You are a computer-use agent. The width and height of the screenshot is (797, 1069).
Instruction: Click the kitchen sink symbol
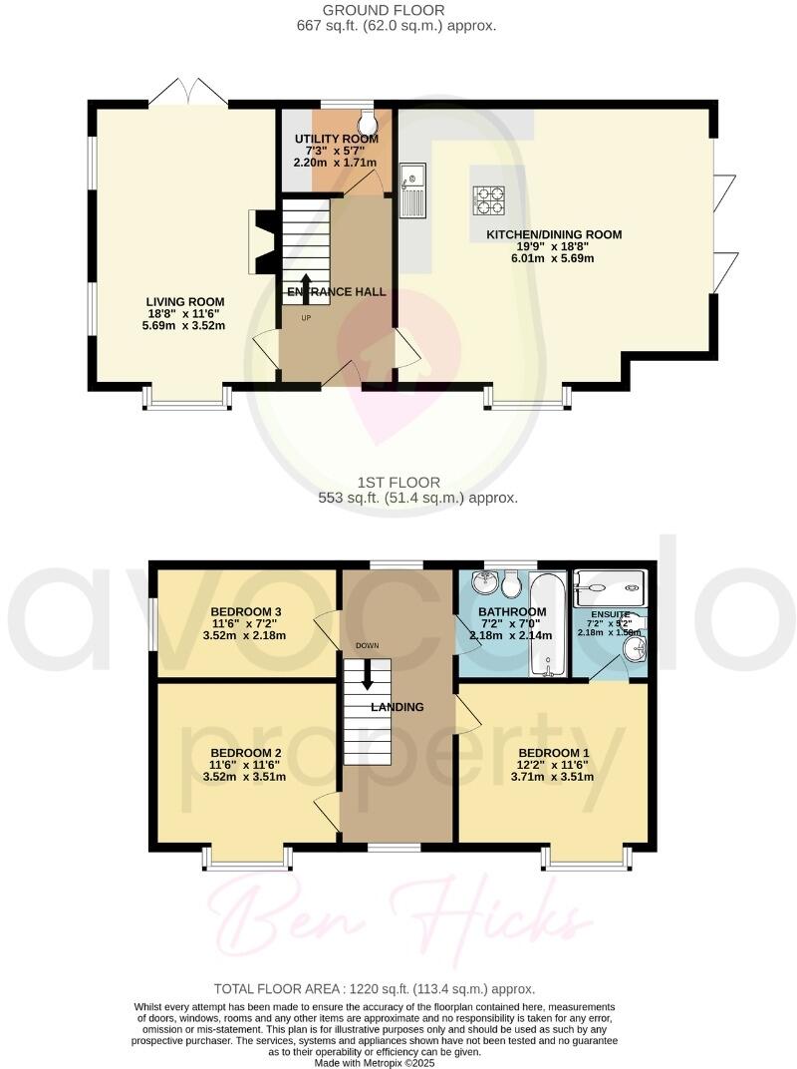tap(412, 190)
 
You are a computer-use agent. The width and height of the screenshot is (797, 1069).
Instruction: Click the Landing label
tap(398, 707)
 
